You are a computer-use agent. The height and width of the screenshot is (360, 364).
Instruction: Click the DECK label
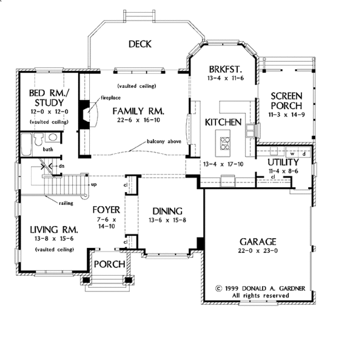click(140, 44)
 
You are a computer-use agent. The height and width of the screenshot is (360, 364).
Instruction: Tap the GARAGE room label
click(258, 242)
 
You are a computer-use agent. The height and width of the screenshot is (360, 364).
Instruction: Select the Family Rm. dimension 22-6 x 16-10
click(138, 120)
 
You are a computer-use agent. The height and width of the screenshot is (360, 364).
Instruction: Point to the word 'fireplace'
click(111, 98)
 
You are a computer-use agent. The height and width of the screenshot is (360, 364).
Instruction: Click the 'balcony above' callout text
click(164, 141)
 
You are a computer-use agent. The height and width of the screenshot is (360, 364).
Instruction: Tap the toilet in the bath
click(39, 139)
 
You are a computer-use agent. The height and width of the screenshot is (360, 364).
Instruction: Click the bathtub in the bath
click(27, 144)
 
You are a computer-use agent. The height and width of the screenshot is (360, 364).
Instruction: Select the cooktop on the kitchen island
click(225, 143)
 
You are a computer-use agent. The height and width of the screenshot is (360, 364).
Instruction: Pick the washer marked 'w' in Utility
click(292, 153)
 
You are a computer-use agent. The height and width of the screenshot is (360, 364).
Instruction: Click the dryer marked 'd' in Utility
click(304, 153)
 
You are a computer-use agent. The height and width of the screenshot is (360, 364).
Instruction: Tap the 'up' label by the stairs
click(94, 185)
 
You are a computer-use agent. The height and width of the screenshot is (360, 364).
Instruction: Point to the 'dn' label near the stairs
click(61, 166)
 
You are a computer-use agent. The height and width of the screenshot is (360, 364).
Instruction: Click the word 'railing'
click(66, 203)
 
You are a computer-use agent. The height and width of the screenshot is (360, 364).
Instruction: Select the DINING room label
click(167, 211)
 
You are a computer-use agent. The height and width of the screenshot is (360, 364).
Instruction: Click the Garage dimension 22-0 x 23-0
click(258, 250)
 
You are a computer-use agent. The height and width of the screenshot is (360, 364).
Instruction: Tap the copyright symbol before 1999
click(218, 288)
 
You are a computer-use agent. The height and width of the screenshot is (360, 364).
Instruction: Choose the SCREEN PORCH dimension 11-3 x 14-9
click(286, 115)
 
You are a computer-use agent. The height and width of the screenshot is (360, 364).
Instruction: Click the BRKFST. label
click(226, 69)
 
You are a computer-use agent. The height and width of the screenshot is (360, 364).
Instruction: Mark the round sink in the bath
click(53, 137)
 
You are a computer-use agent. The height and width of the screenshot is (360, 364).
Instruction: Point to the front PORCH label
click(110, 264)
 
